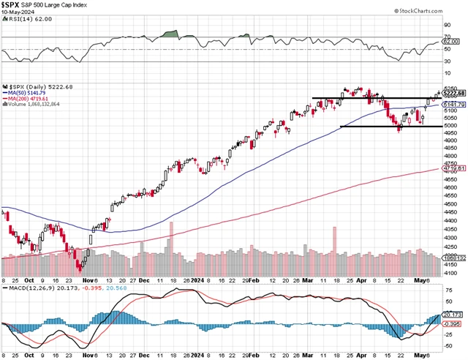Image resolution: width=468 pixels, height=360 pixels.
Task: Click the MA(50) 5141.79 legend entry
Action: click(27, 92)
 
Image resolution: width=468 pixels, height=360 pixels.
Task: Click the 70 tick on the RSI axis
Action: click(448, 37)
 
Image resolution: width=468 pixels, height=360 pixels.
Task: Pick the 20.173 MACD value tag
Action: click(455, 314)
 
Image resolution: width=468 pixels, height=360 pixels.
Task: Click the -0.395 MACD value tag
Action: click(455, 323)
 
